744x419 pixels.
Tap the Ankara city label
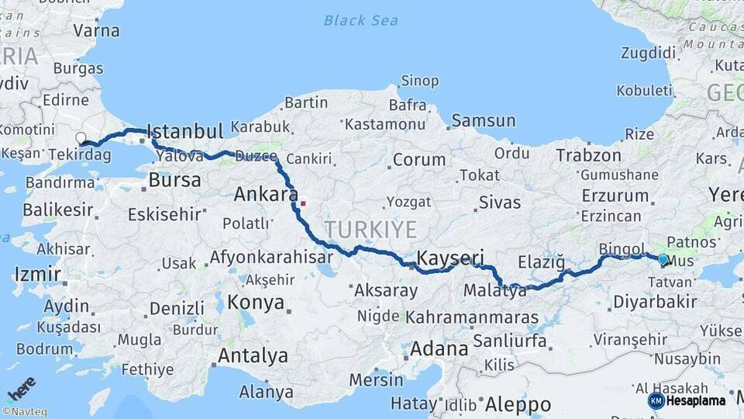[x=266, y=194]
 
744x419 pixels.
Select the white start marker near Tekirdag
[x=81, y=138]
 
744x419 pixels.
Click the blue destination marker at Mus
[x=663, y=260]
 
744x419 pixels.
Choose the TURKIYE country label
[x=370, y=230]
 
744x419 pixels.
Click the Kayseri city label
[x=450, y=258]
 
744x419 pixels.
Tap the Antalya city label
[x=253, y=356]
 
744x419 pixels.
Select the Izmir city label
[x=36, y=274]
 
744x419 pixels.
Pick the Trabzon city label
[x=588, y=155]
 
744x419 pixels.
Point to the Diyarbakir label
[x=649, y=301]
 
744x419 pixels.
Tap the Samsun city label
[x=483, y=120]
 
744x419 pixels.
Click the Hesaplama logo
[x=687, y=400]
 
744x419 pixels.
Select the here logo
[x=21, y=388]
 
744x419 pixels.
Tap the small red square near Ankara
[x=303, y=203]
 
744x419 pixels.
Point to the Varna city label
[x=96, y=31]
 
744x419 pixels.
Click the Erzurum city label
[x=615, y=196]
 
